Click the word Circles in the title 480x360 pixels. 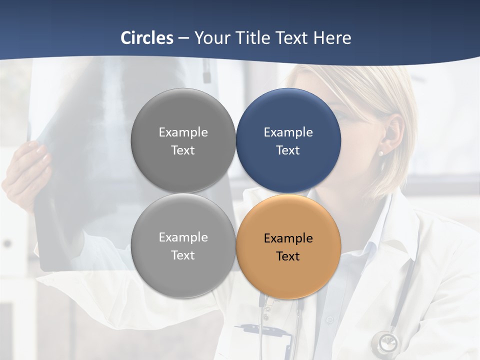tap(146, 38)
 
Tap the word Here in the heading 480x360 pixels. tap(332, 38)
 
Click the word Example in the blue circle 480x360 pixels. tap(288, 132)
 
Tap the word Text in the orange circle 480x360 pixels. tap(288, 256)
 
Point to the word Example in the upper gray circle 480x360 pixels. tap(183, 132)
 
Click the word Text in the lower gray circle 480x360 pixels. tap(183, 255)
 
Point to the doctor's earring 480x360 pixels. tap(380, 152)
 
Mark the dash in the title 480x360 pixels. tap(183, 38)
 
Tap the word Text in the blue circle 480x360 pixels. tap(288, 150)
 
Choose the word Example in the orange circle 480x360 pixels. tap(288, 238)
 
